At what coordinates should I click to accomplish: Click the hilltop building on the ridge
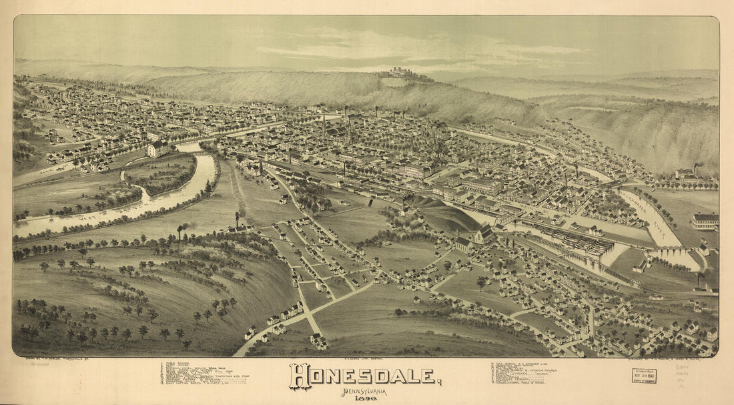(398, 72)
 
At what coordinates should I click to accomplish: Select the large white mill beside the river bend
(157, 148)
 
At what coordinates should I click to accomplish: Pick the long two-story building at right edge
(706, 221)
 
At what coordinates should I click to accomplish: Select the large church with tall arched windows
(484, 234)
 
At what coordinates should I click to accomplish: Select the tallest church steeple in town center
(348, 130)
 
